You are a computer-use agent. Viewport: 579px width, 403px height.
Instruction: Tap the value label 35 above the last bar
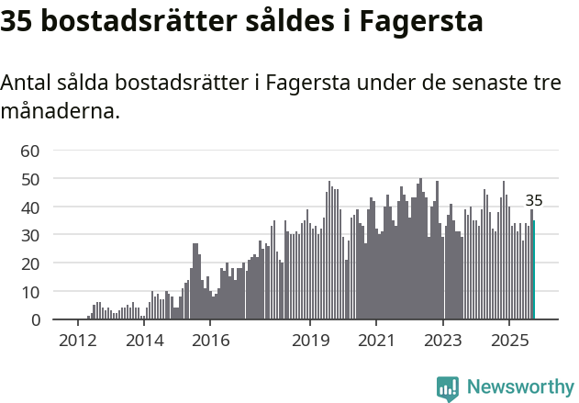point(534,201)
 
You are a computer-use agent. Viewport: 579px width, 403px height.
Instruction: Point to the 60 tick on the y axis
point(30,151)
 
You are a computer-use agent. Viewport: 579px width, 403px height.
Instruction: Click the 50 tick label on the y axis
point(30,179)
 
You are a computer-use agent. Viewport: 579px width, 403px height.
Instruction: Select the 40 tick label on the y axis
point(30,207)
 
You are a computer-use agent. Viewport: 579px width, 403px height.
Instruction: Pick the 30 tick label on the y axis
point(30,236)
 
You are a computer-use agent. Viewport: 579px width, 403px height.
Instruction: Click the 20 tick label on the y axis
point(30,263)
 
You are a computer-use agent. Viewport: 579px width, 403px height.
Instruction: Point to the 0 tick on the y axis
point(35,320)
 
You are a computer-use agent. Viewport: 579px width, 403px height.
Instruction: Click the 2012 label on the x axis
point(77,341)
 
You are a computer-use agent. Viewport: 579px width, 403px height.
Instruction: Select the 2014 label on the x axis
point(144,341)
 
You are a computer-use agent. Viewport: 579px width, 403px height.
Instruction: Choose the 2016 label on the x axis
point(210,341)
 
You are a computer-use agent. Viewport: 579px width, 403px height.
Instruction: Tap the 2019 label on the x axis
point(310,341)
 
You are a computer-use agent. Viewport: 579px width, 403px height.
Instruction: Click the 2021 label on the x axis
point(376,341)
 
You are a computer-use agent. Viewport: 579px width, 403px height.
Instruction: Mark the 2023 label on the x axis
point(443,341)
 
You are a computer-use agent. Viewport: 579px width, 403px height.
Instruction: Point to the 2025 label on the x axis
point(509,341)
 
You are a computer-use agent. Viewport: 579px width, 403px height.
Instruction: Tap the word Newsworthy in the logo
point(520,387)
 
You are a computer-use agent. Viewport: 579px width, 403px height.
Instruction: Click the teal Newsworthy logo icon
point(448,388)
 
